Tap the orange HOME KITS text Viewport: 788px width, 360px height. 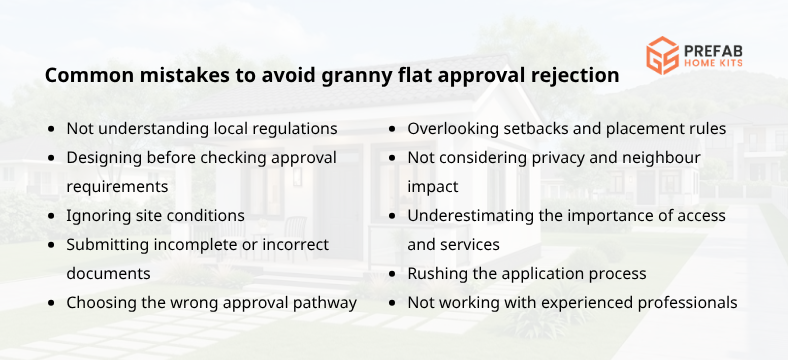[714, 63]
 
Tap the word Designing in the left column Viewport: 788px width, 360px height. [105, 158]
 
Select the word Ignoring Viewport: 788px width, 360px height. [99, 216]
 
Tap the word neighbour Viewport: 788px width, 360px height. [658, 158]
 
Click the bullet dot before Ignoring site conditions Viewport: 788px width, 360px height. [52, 216]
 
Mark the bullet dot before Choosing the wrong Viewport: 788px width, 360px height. [52, 302]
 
